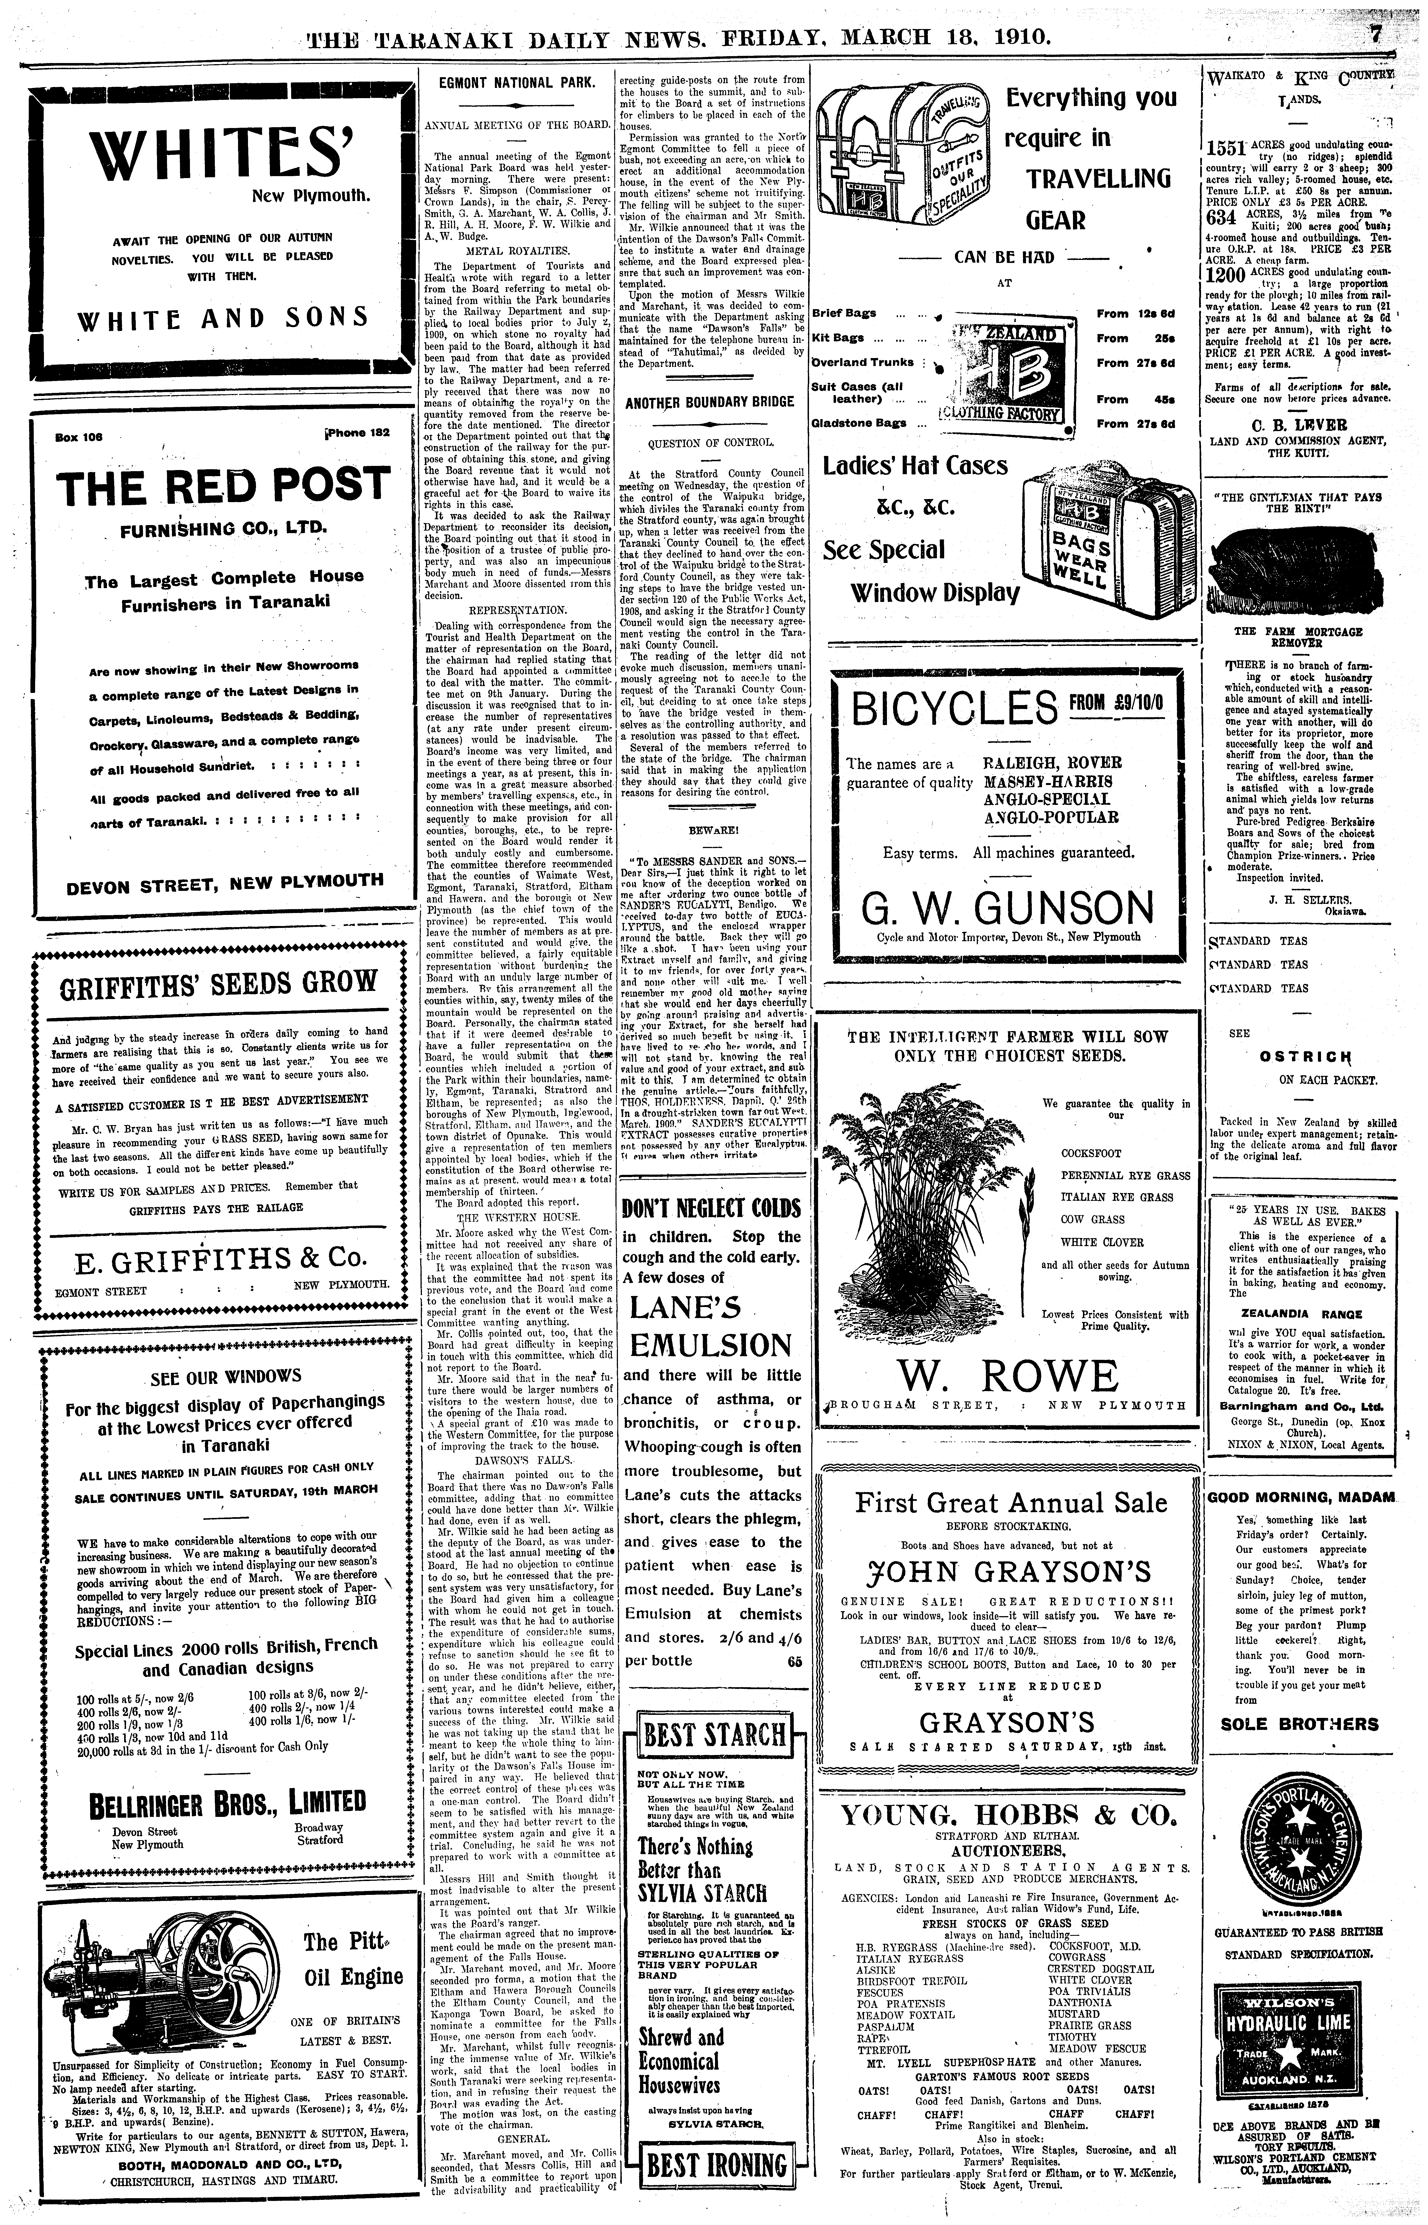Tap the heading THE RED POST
pyautogui.click(x=219, y=486)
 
